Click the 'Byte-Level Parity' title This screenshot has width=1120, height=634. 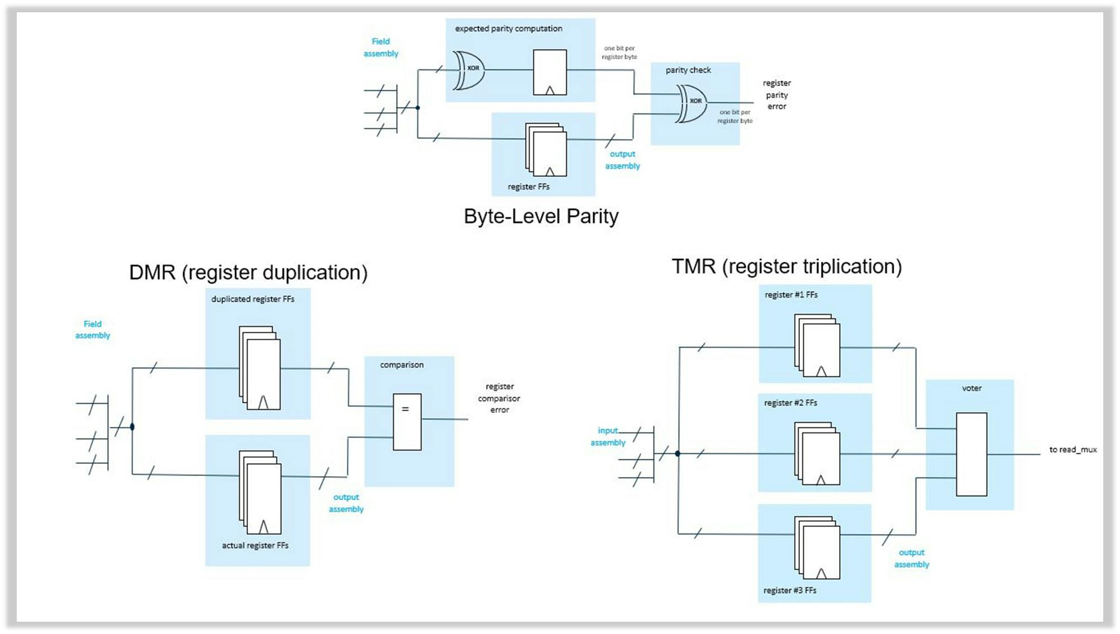(x=541, y=217)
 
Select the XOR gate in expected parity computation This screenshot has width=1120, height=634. (x=469, y=70)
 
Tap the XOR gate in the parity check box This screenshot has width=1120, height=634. (x=692, y=103)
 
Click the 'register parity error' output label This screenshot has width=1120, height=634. (x=776, y=95)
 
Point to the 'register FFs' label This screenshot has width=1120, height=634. (x=528, y=187)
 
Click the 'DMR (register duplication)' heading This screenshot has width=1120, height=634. (x=248, y=272)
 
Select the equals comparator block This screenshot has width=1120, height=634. (x=407, y=422)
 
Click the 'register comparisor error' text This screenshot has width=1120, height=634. (x=499, y=398)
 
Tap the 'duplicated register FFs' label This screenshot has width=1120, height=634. (x=252, y=299)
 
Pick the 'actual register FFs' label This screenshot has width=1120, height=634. (x=255, y=545)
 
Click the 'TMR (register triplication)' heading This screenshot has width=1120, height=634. (x=787, y=266)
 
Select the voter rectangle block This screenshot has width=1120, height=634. (x=971, y=454)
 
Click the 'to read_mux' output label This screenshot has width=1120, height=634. (x=1073, y=450)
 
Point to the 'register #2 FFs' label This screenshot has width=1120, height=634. (x=790, y=403)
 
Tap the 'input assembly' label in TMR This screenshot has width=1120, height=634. (x=608, y=436)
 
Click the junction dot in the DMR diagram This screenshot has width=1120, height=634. (x=132, y=427)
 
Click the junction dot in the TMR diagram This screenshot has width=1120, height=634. (x=678, y=454)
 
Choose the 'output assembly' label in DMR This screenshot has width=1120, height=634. (x=346, y=503)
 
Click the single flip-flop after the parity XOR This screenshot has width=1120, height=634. (x=550, y=73)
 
